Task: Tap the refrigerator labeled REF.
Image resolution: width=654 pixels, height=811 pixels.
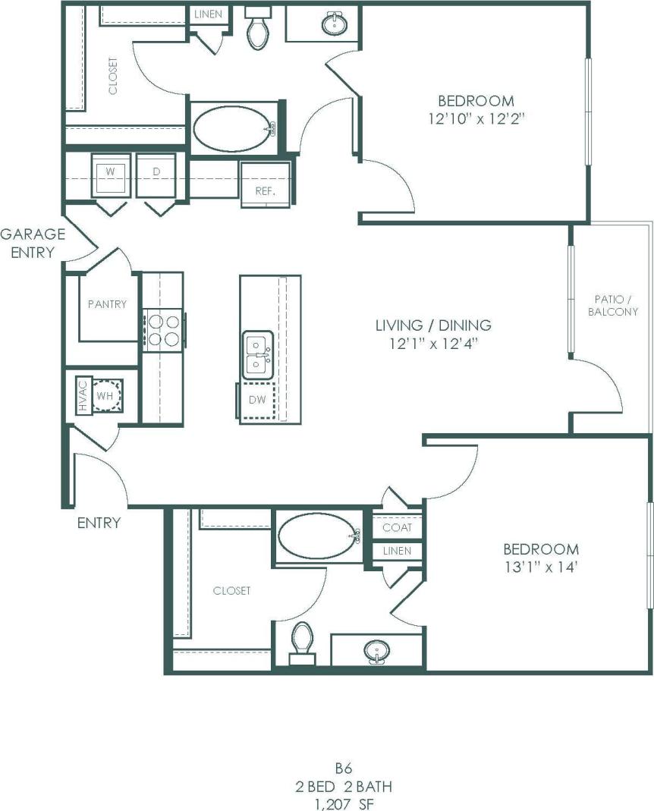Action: pos(265,186)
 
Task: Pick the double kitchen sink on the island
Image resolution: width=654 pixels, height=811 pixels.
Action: pos(258,354)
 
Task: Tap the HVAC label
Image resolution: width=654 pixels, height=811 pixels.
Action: pos(82,396)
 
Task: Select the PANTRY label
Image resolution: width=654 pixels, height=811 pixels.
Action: pos(107,304)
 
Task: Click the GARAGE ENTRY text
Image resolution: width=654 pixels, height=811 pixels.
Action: pos(33,243)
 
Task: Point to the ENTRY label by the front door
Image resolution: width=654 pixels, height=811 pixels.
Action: pos(99,523)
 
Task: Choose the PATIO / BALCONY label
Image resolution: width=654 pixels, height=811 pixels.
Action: pos(613,306)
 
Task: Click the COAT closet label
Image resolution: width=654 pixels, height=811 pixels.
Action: pos(397,527)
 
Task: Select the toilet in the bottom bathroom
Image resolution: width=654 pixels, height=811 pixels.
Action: pos(302,641)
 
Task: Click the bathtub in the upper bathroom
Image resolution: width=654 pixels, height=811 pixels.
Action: pos(232,129)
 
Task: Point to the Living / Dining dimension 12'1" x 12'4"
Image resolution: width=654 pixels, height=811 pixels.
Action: pos(433,343)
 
